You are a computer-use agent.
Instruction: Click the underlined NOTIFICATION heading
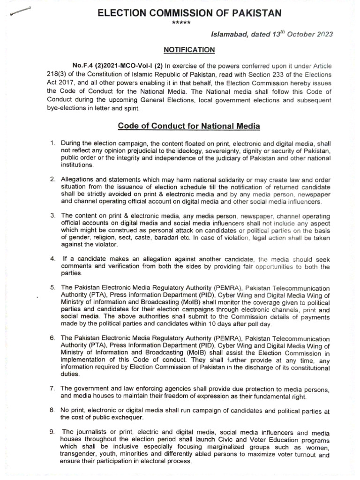pos(189,50)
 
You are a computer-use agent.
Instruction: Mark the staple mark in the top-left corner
pos(20,12)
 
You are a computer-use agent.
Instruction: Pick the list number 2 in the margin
pos(53,180)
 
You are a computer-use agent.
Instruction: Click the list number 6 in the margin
pos(53,337)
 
